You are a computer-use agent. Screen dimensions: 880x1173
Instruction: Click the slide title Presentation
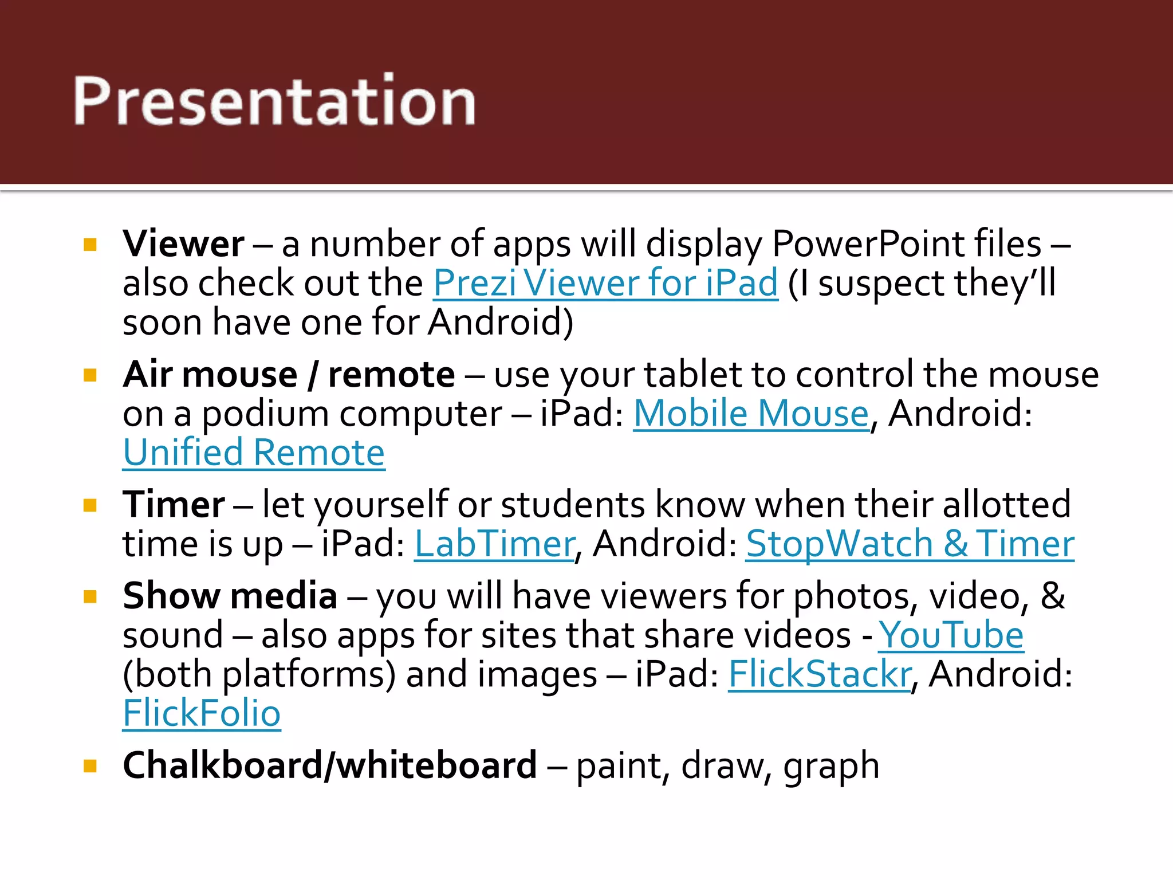pyautogui.click(x=274, y=101)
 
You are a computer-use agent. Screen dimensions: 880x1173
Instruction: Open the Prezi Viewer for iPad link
pyautogui.click(x=605, y=283)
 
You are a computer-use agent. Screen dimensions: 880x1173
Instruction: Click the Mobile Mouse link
pyautogui.click(x=751, y=413)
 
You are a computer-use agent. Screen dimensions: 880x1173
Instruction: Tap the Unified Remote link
pyautogui.click(x=254, y=453)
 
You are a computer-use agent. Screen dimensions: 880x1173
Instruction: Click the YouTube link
pyautogui.click(x=951, y=635)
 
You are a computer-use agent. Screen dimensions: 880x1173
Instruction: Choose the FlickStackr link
pyautogui.click(x=820, y=674)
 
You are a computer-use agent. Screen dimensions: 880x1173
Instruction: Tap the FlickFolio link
pyautogui.click(x=202, y=713)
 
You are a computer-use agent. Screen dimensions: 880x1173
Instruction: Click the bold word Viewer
pyautogui.click(x=183, y=244)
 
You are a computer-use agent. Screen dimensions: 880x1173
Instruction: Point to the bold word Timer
pyautogui.click(x=174, y=505)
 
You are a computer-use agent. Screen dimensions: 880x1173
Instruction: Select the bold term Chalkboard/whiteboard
pyautogui.click(x=330, y=765)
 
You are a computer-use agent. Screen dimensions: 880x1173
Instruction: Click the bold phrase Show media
pyautogui.click(x=230, y=596)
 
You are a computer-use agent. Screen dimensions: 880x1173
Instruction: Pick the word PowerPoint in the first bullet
pyautogui.click(x=906, y=244)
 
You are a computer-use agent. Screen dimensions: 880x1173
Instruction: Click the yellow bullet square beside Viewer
pyautogui.click(x=90, y=245)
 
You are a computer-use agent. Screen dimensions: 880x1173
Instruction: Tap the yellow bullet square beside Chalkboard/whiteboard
pyautogui.click(x=90, y=767)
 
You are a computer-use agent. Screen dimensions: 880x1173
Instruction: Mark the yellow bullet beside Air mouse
pyautogui.click(x=90, y=375)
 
